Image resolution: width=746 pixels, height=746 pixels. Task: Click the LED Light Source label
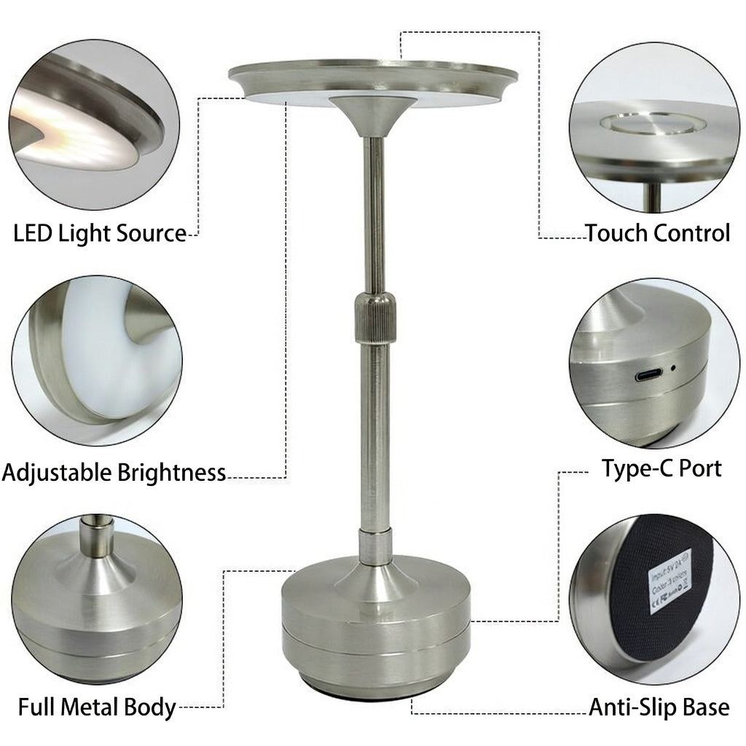click(100, 234)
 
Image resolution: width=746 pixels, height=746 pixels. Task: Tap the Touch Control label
click(657, 233)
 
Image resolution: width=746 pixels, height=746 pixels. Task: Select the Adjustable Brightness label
click(114, 473)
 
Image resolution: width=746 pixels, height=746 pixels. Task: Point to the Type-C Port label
click(661, 468)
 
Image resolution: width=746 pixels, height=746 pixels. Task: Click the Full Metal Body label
click(97, 707)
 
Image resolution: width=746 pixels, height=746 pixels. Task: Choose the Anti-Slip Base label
click(659, 707)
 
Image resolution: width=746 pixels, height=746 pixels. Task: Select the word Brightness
click(171, 473)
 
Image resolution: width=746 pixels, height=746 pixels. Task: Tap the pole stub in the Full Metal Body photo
click(94, 535)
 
